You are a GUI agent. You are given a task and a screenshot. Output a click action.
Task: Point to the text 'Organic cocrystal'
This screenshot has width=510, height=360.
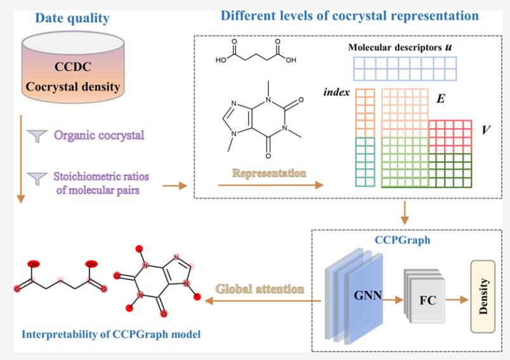pyautogui.click(x=99, y=135)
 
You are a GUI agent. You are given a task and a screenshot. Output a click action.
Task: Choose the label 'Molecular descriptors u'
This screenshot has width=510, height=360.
pyautogui.click(x=400, y=48)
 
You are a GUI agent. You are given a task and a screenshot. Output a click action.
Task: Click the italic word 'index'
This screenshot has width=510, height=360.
pyautogui.click(x=337, y=92)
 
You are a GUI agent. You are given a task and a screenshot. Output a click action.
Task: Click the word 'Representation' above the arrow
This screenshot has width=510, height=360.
pyautogui.click(x=269, y=173)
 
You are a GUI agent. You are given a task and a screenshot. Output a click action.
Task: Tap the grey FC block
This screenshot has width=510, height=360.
pyautogui.click(x=427, y=299)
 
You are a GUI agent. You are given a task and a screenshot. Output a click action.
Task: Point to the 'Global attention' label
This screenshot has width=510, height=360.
pyautogui.click(x=259, y=289)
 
